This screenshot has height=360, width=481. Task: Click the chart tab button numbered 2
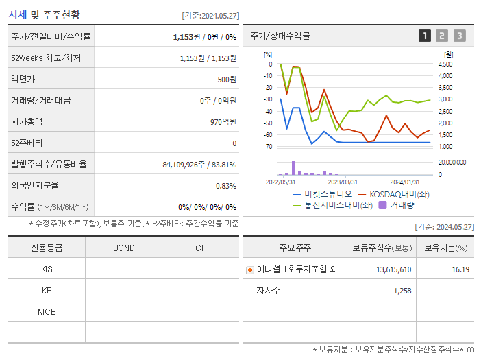pos(442,36)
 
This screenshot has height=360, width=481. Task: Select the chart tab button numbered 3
pos(459,36)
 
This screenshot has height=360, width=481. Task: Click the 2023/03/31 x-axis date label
pos(343,182)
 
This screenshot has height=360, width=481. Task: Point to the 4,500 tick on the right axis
pos(445,64)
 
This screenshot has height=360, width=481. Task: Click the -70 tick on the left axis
pos(268,147)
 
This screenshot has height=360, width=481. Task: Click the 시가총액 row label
pos(27,121)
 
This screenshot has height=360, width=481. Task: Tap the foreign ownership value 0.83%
pos(226,185)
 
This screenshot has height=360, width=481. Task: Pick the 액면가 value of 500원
pos(227,79)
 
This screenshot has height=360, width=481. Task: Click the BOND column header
pos(123,248)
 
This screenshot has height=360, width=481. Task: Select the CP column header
pos(200,248)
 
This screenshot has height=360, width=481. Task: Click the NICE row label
pos(47,311)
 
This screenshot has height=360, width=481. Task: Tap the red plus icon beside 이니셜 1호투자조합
pos(250,269)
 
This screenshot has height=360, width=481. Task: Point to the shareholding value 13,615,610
pos(393,269)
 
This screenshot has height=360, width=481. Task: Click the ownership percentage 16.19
pos(460,269)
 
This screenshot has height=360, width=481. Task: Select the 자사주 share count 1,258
pos(402,291)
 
